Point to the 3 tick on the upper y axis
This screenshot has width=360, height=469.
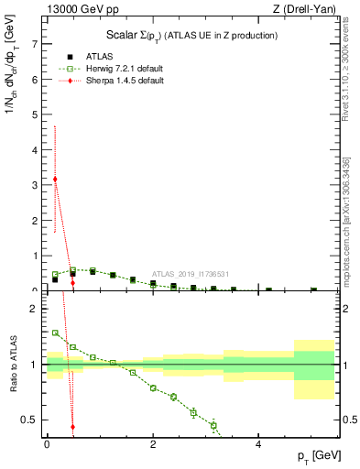[34, 185]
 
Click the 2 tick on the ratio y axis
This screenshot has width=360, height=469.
[34, 308]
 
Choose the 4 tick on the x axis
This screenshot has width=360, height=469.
[258, 444]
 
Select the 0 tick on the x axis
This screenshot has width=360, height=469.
[47, 444]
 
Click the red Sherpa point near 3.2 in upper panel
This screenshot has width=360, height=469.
[55, 179]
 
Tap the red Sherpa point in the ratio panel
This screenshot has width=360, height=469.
[72, 427]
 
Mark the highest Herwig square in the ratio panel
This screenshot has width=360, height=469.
[55, 333]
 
